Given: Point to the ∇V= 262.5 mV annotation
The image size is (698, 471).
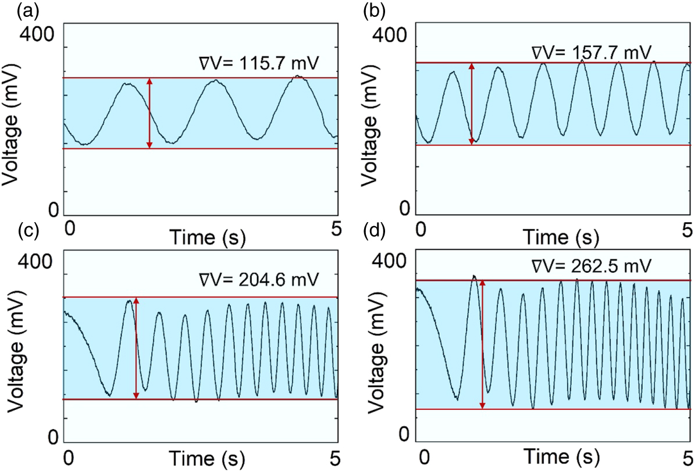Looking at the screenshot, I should click(591, 268).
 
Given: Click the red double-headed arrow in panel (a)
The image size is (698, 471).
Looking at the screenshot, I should click(149, 113).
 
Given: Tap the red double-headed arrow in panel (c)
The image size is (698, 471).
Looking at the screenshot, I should click(137, 348).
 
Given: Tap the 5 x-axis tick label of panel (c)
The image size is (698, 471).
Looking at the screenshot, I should click(335, 454).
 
